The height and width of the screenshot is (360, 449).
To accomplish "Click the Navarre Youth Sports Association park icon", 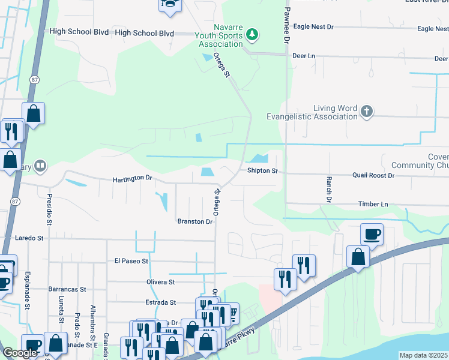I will pos(253,35).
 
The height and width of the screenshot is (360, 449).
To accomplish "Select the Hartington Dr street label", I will pos(133,179).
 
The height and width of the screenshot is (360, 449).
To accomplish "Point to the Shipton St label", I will pos(263,171).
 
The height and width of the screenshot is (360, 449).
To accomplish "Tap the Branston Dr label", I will pos(195,221).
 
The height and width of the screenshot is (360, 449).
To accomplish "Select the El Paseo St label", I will pos(131,261).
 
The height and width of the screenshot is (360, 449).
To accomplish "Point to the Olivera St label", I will pos(159,281).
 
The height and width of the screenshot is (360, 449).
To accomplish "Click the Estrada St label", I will pos(160,302).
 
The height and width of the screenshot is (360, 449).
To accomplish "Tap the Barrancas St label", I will pos(68,289).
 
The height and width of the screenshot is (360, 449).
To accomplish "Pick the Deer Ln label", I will pos(303,56).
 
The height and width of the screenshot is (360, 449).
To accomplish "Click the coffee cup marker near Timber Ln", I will pos(372,233).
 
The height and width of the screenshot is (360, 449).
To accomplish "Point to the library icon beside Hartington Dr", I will pos(40,165).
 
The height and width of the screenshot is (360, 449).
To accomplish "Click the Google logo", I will pos(20,353).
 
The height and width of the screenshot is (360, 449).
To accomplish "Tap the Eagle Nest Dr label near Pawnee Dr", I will pos(313,28).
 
